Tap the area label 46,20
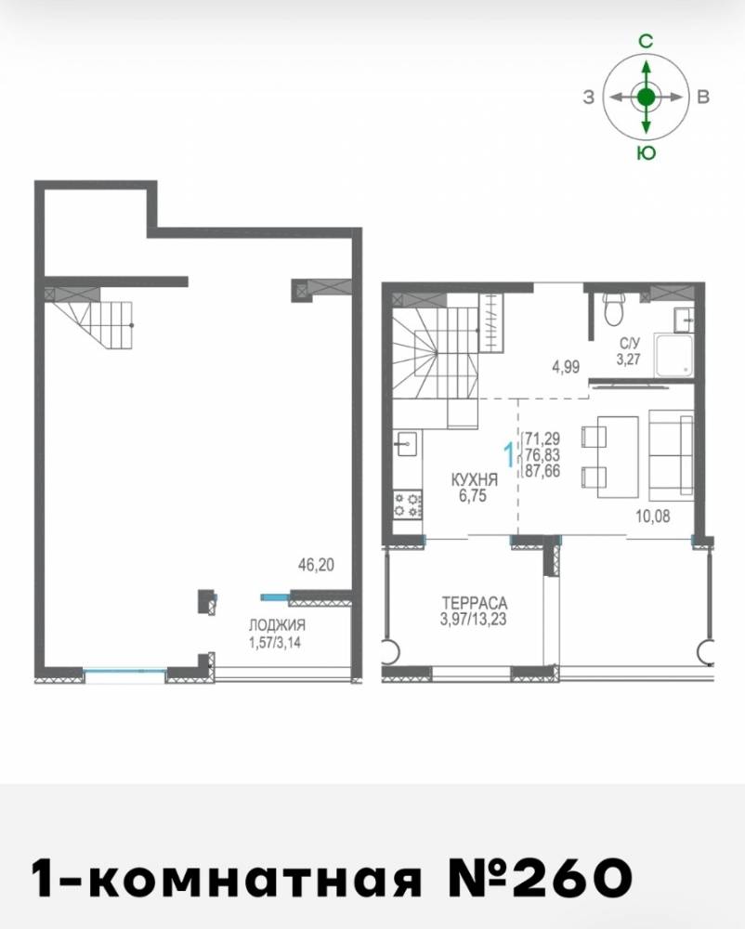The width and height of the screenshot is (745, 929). click(x=316, y=565)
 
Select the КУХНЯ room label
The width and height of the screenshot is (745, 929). click(x=474, y=479)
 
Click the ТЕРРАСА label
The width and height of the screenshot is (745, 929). click(x=475, y=603)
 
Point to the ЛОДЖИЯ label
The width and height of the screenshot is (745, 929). click(x=277, y=625)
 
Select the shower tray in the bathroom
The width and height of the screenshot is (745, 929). click(x=673, y=355)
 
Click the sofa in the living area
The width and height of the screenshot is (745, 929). click(x=671, y=455)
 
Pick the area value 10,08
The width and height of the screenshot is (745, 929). click(x=653, y=516)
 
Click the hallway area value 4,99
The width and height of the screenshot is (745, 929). click(x=566, y=367)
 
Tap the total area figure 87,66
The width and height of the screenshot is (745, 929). click(x=542, y=472)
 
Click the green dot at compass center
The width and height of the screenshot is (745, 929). click(x=647, y=96)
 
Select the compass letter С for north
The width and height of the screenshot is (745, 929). click(x=646, y=41)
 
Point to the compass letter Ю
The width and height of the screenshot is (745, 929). click(x=647, y=153)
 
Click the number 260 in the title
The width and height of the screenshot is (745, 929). click(x=573, y=877)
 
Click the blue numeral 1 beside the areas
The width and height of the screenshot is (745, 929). click(x=508, y=455)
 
